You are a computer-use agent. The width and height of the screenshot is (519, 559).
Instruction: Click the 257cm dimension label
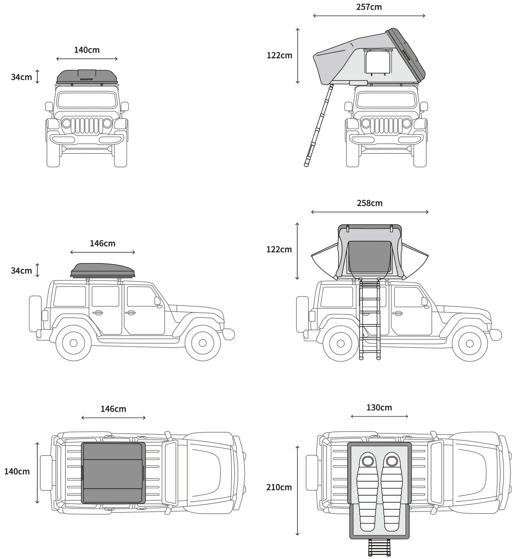click(x=369, y=7)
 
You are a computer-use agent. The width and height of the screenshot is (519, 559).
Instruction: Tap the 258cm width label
click(x=369, y=203)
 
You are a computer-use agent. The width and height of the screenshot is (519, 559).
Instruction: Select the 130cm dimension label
click(x=379, y=408)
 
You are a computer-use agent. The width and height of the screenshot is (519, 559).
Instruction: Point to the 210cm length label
click(x=279, y=487)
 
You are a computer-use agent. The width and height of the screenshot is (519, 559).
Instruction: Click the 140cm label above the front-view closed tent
click(x=87, y=50)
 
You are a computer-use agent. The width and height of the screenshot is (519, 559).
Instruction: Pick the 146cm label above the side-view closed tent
click(x=102, y=243)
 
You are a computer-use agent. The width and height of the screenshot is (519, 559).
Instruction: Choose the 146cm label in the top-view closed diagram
click(x=113, y=409)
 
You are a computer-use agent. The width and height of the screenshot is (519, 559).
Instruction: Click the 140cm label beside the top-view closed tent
click(x=17, y=471)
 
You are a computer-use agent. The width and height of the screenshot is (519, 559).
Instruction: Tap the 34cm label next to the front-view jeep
click(x=21, y=77)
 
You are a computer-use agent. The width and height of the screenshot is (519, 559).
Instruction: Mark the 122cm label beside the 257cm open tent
click(x=279, y=55)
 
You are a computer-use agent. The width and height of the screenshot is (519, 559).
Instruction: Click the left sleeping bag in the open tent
click(x=368, y=491)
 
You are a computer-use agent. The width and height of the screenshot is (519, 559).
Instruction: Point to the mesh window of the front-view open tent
click(x=378, y=62)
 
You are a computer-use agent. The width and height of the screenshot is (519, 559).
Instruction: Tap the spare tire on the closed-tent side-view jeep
click(x=35, y=313)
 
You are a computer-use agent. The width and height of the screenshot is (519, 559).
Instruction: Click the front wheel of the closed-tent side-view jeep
click(x=202, y=343)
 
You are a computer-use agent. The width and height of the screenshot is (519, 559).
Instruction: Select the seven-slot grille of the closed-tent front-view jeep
click(x=87, y=126)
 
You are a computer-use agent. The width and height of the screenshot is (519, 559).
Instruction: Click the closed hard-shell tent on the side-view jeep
click(x=103, y=270)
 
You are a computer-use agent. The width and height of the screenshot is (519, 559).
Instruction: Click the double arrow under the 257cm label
click(x=369, y=16)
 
